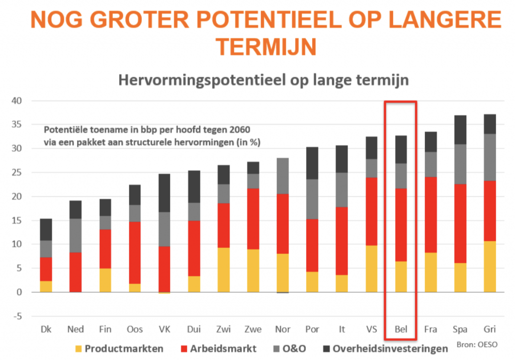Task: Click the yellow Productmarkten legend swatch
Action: (78, 348)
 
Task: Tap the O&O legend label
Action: (294, 348)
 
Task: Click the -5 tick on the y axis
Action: (18, 316)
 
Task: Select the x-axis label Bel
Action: (401, 330)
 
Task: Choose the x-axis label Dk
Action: (46, 330)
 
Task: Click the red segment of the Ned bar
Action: (75, 272)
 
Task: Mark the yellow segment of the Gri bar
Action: (490, 266)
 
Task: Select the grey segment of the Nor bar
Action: (283, 176)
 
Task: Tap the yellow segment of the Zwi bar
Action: (223, 269)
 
